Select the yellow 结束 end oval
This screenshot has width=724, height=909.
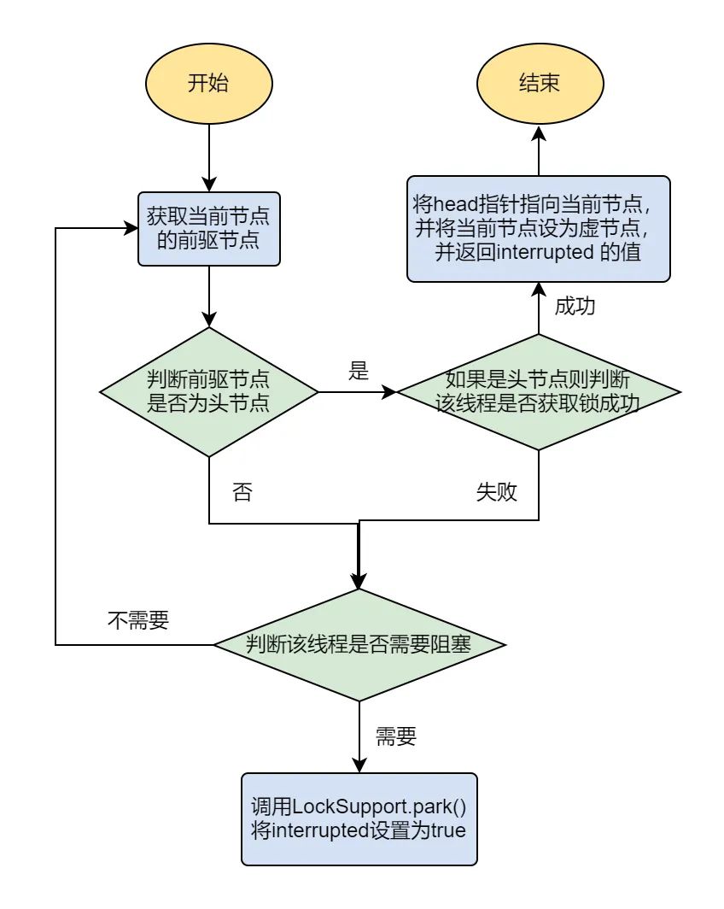539,84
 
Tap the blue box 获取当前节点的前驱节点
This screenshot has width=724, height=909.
209,228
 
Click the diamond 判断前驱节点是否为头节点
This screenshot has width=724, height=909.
209,392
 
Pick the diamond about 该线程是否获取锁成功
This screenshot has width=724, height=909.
539,392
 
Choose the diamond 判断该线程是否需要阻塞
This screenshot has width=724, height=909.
359,644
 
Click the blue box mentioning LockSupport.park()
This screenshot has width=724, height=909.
359,818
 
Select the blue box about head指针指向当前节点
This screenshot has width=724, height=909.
539,228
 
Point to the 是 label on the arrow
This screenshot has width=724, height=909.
359,371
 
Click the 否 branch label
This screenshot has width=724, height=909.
242,494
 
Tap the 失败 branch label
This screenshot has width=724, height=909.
496,494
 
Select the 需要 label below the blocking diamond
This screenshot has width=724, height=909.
395,736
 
